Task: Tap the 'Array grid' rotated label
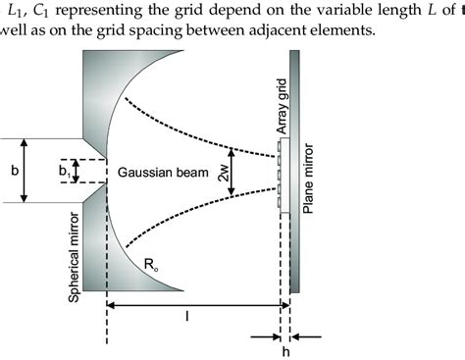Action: (283, 106)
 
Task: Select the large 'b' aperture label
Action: (14, 170)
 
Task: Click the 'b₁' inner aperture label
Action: (65, 171)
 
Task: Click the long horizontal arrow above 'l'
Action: (193, 305)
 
